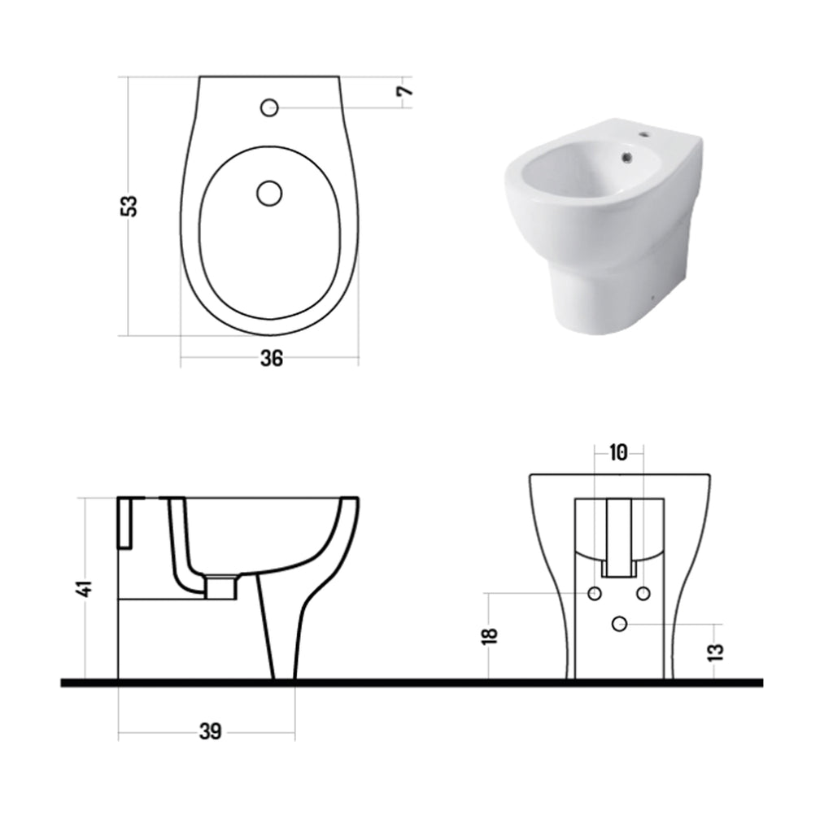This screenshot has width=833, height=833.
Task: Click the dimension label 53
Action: [x=129, y=205]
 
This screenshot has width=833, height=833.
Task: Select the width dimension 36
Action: [x=272, y=358]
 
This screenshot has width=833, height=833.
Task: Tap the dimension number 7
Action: [x=404, y=87]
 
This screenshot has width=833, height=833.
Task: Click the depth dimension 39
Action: [x=210, y=731]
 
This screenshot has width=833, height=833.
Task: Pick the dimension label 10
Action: [x=618, y=453]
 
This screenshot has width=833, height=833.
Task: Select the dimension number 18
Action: [x=488, y=635]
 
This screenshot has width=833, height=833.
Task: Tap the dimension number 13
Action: [x=717, y=651]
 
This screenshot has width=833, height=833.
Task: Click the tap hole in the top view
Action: [x=269, y=107]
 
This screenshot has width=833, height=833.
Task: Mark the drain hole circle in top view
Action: [x=268, y=193]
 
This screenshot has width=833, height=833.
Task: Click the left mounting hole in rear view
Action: [x=595, y=594]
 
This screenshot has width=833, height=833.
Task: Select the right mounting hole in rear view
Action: [x=643, y=594]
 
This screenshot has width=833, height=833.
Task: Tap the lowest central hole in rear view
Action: [x=619, y=624]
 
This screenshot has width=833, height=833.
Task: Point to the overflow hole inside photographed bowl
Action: [x=625, y=157]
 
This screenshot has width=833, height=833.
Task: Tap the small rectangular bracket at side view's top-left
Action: [x=126, y=521]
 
